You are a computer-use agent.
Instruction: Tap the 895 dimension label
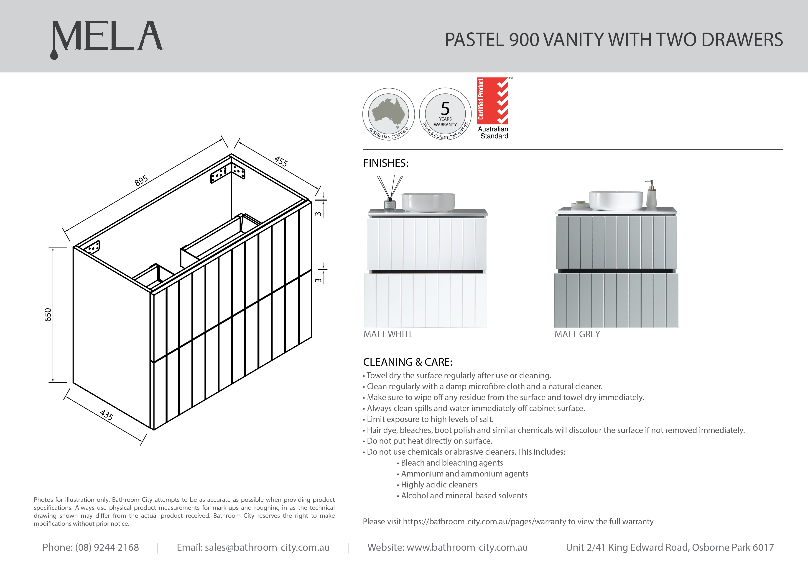(141, 181)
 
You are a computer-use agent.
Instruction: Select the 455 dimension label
(281, 161)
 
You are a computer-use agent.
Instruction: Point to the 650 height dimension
(48, 314)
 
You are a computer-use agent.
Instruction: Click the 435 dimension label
(106, 415)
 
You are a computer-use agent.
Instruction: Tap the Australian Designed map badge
(388, 114)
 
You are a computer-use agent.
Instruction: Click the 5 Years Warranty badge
(445, 114)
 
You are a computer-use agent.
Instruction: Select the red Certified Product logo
(493, 101)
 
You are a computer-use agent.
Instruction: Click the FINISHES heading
(385, 163)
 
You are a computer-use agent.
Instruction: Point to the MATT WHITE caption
(388, 334)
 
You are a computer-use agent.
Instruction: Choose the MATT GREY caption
(577, 334)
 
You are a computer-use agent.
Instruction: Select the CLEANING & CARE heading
(408, 362)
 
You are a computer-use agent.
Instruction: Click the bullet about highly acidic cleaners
(439, 485)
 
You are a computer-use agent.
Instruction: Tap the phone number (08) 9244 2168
(107, 547)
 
